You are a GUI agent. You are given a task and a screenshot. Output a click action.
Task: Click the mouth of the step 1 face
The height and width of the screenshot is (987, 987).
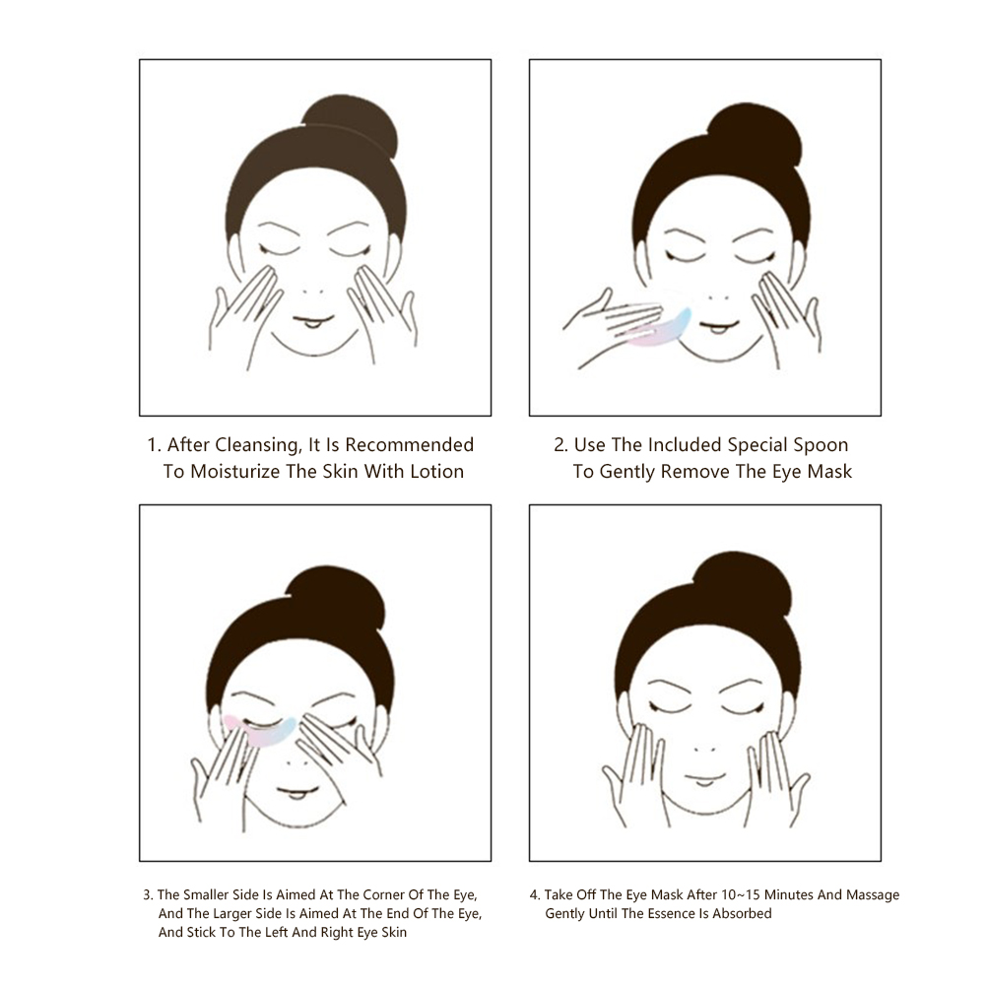point(313,322)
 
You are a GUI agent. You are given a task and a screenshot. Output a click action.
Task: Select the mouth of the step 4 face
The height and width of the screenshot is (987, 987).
point(705,778)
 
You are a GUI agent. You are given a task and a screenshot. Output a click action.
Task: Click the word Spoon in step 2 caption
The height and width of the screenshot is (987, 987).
point(821,445)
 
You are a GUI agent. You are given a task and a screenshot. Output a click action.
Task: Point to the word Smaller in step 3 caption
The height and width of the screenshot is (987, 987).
point(205,895)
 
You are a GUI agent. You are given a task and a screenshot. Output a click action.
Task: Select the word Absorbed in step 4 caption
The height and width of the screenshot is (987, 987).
point(742,914)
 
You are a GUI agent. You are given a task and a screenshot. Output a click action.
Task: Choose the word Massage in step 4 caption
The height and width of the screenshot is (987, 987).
point(873,895)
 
